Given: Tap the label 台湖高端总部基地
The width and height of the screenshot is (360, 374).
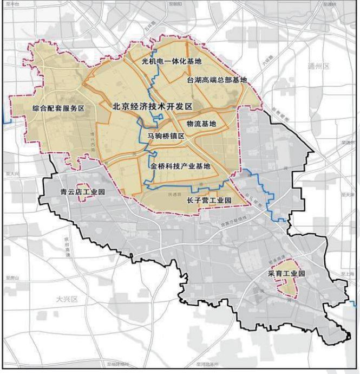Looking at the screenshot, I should point(217,80).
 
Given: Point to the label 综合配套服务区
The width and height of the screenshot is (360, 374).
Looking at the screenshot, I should point(58,108).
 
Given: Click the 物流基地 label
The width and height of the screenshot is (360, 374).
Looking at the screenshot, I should point(201,124).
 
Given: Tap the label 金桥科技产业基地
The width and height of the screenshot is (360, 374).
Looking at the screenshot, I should point(180,166).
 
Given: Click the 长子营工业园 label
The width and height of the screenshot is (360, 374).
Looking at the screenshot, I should point(209,201).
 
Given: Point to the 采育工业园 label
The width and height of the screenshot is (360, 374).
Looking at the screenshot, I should point(286,274).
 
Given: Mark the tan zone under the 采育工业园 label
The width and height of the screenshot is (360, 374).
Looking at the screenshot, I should point(289,287).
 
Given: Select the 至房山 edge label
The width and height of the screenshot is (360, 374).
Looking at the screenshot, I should point(12,278).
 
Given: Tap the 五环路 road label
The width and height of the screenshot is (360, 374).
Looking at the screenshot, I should point(150,25).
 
